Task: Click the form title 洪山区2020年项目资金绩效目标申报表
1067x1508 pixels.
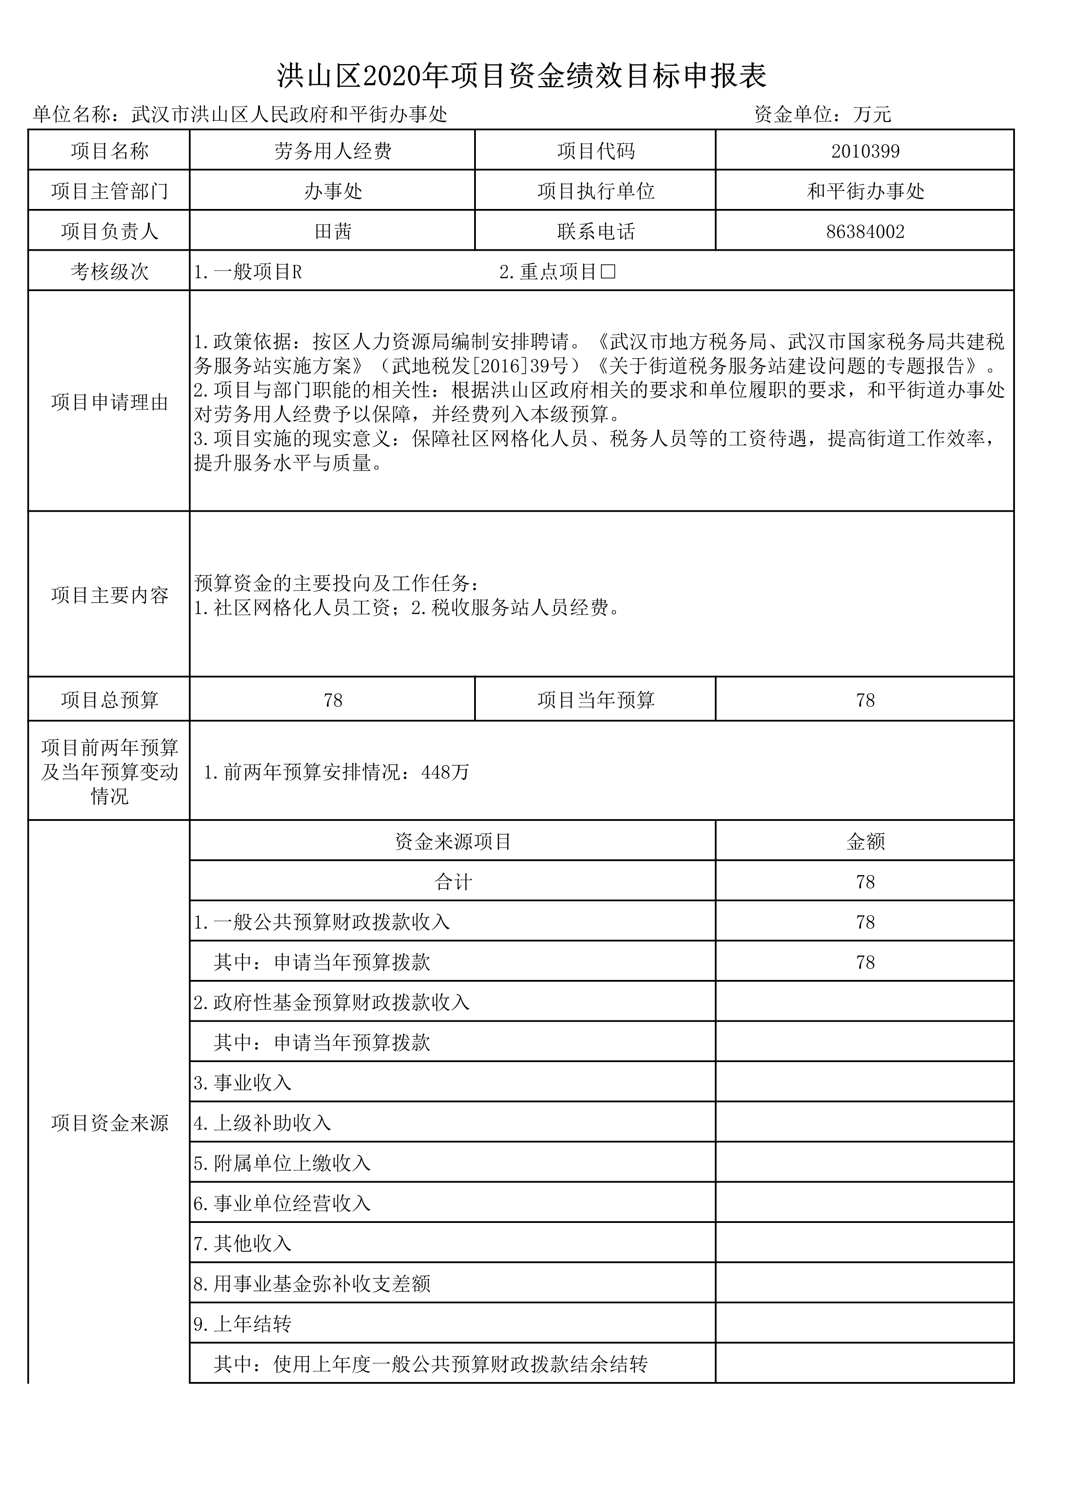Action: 522,76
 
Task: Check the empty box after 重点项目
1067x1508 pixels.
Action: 608,271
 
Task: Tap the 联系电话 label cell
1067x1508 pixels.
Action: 595,231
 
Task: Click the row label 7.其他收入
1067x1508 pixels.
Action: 242,1243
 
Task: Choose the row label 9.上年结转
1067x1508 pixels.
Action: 242,1324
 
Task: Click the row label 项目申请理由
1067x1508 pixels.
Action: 110,402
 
